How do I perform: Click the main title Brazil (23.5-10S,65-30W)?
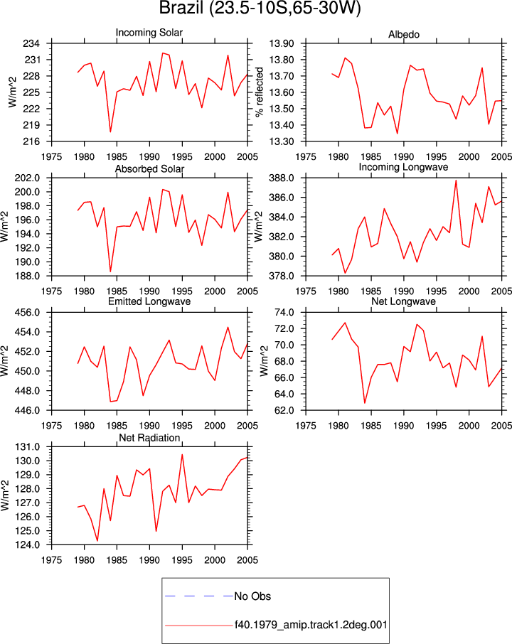click(x=260, y=9)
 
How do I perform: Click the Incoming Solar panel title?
click(x=149, y=33)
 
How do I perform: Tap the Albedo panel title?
click(x=404, y=35)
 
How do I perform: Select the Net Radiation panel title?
click(x=149, y=438)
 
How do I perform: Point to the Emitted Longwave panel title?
click(x=149, y=301)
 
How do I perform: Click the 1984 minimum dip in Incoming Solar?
click(x=110, y=132)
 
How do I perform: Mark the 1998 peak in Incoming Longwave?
click(x=456, y=181)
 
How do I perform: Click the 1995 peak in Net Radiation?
click(x=182, y=455)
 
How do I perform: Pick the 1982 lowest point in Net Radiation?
click(x=97, y=540)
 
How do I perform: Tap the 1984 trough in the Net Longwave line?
click(x=365, y=403)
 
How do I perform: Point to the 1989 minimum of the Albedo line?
click(x=398, y=134)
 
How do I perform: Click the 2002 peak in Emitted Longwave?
click(x=228, y=328)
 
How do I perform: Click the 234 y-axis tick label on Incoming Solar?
click(x=31, y=43)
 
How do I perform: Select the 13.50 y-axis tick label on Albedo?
click(x=282, y=109)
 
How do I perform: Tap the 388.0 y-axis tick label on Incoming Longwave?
click(x=282, y=178)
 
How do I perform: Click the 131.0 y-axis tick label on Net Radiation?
click(x=28, y=447)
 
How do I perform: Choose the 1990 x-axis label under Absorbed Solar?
click(x=149, y=291)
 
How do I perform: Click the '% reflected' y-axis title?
click(x=259, y=92)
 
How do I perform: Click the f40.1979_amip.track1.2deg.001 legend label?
click(x=311, y=625)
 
